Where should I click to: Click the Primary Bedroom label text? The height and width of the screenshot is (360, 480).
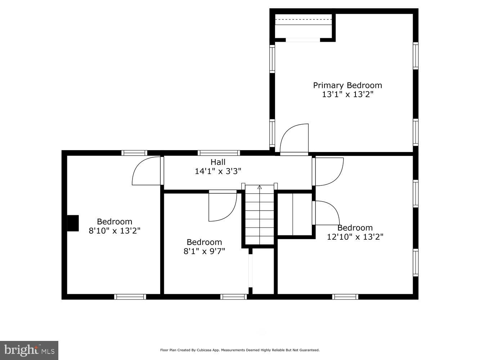pyautogui.click(x=347, y=85)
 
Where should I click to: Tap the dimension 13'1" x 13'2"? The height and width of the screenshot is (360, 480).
pyautogui.click(x=347, y=95)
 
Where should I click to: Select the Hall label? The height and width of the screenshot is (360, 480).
pyautogui.click(x=218, y=162)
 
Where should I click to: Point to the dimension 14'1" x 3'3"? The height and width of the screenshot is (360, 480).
pyautogui.click(x=218, y=171)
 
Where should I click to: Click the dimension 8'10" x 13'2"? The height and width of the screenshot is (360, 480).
pyautogui.click(x=115, y=231)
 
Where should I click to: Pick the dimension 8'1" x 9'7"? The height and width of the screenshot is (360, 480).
pyautogui.click(x=204, y=251)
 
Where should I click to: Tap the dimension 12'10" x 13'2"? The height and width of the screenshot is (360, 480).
pyautogui.click(x=355, y=237)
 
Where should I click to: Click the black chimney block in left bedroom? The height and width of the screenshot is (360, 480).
pyautogui.click(x=73, y=223)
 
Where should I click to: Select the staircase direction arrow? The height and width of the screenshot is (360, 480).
pyautogui.click(x=260, y=187)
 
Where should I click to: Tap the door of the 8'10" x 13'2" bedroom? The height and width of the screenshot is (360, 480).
pyautogui.click(x=147, y=171)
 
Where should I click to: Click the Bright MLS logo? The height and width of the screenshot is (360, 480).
pyautogui.click(x=29, y=350)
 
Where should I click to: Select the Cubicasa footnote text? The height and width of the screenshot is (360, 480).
pyautogui.click(x=240, y=350)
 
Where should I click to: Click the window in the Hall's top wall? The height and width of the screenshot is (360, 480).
pyautogui.click(x=219, y=153)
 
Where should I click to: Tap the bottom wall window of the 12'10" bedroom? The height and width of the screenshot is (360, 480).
pyautogui.click(x=345, y=297)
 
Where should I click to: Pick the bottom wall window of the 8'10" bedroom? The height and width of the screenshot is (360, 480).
pyautogui.click(x=130, y=297)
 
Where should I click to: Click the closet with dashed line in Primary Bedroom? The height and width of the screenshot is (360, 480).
pyautogui.click(x=303, y=26)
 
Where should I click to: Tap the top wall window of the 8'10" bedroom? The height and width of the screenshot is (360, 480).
pyautogui.click(x=134, y=153)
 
